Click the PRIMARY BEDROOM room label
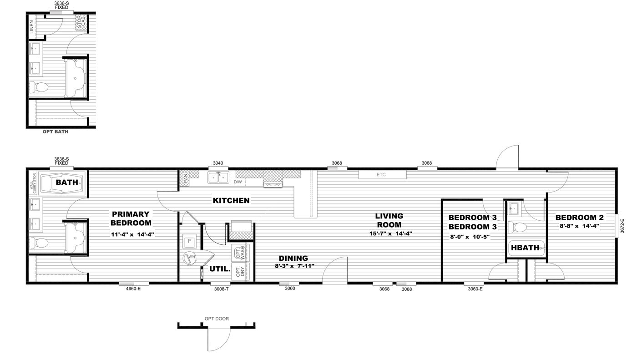pyautogui.click(x=131, y=218)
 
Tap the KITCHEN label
pyautogui.click(x=231, y=200)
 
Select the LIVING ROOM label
pyautogui.click(x=389, y=220)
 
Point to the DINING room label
pyautogui.click(x=293, y=258)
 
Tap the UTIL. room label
pyautogui.click(x=220, y=269)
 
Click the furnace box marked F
pyautogui.click(x=188, y=240)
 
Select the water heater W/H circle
pyautogui.click(x=189, y=259)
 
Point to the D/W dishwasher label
pyautogui.click(x=238, y=182)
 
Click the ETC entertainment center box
pyautogui.click(x=382, y=175)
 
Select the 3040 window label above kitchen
pyautogui.click(x=218, y=163)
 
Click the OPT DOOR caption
pyautogui.click(x=217, y=319)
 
